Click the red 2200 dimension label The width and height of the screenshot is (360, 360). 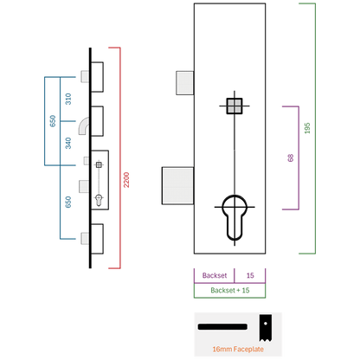click(x=126, y=180)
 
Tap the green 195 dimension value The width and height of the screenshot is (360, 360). click(x=307, y=128)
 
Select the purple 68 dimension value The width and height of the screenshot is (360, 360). click(x=291, y=157)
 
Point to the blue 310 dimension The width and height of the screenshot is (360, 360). click(x=68, y=99)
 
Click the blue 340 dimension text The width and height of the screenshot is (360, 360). click(x=68, y=143)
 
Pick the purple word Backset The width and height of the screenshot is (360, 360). click(x=215, y=275)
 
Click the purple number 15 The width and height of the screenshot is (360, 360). click(x=250, y=275)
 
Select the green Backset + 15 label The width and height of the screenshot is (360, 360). click(x=230, y=290)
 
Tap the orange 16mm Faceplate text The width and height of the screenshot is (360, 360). click(x=238, y=349)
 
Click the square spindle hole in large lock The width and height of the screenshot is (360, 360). click(x=235, y=106)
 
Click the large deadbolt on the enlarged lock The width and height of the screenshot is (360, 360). click(x=177, y=186)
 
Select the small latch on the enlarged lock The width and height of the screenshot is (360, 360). click(x=184, y=83)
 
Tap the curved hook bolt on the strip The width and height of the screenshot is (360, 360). click(x=84, y=126)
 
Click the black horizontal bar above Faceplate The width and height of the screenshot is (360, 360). click(x=222, y=327)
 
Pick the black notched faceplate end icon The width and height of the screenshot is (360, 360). click(x=265, y=328)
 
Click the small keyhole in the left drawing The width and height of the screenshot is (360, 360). click(x=99, y=201)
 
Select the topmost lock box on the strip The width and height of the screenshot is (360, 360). click(x=97, y=77)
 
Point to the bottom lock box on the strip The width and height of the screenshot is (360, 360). click(x=97, y=239)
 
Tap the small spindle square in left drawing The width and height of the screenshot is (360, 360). click(x=99, y=164)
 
